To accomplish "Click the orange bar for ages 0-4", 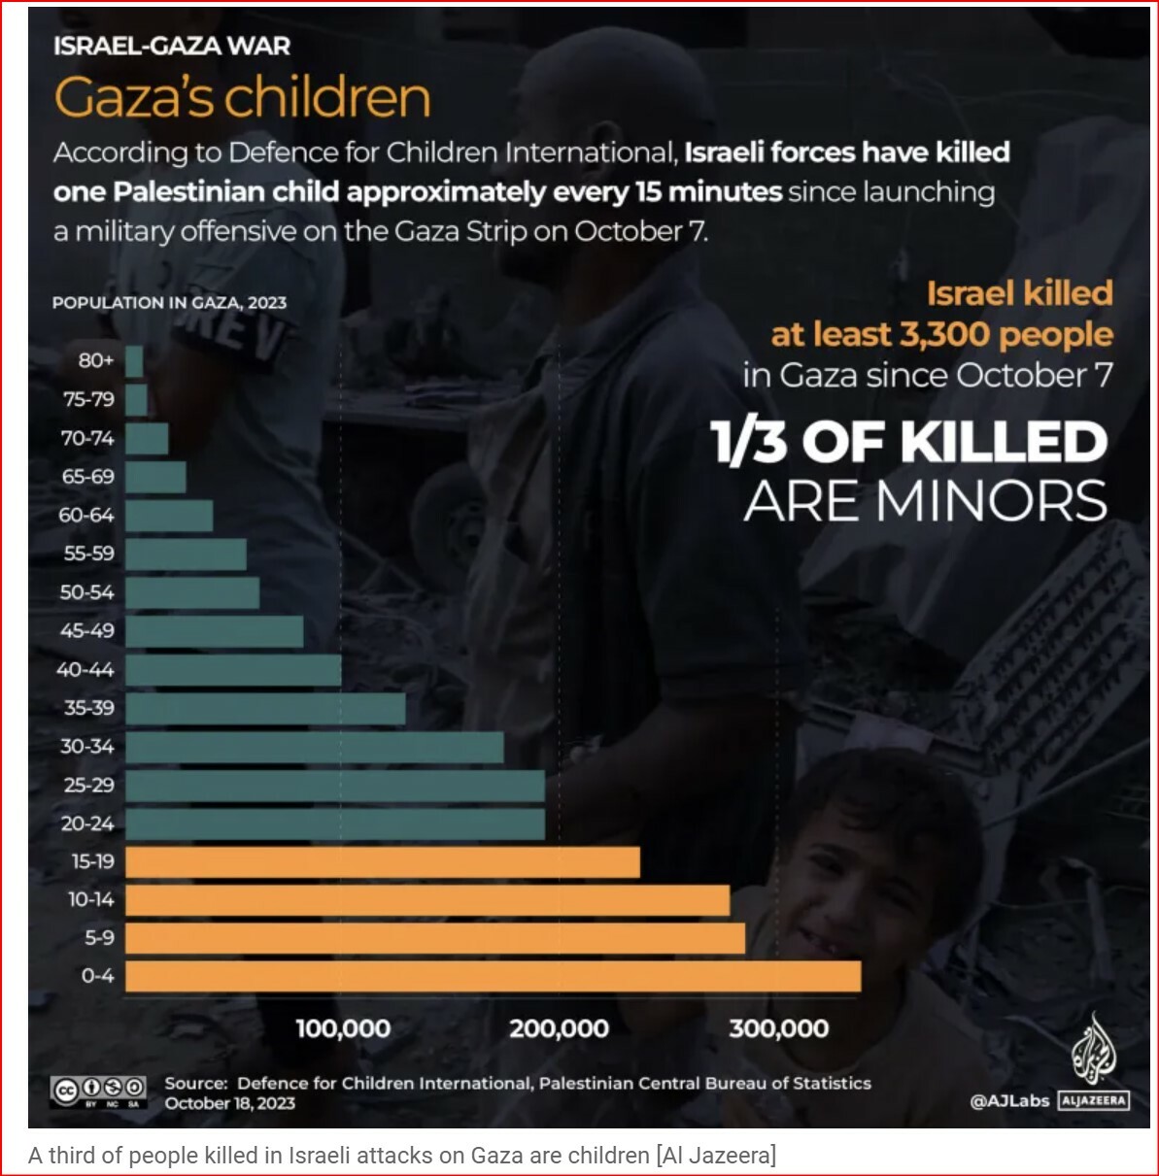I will pyautogui.click(x=493, y=976).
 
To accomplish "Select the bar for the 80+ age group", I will pyautogui.click(x=134, y=361).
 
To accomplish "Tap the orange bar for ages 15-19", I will pyautogui.click(x=383, y=861).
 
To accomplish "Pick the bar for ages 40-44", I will pyautogui.click(x=233, y=669).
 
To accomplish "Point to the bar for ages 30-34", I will pyautogui.click(x=315, y=747).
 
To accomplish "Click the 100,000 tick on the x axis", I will pyautogui.click(x=343, y=1028).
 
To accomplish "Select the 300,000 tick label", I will pyautogui.click(x=778, y=1028).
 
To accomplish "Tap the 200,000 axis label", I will pyautogui.click(x=560, y=1028).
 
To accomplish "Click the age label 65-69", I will pyautogui.click(x=87, y=477).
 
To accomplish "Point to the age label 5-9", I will pyautogui.click(x=99, y=938).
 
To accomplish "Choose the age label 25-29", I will pyautogui.click(x=88, y=785).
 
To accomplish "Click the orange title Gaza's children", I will pyautogui.click(x=243, y=98).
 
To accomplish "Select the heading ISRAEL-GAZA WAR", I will pyautogui.click(x=172, y=46).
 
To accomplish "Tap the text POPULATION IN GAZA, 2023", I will pyautogui.click(x=170, y=303).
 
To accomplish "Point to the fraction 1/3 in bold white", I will pyautogui.click(x=748, y=443).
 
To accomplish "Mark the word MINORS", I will pyautogui.click(x=991, y=502).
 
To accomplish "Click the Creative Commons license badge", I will pyautogui.click(x=98, y=1091).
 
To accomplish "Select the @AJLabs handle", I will pyautogui.click(x=1008, y=1101).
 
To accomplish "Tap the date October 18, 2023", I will pyautogui.click(x=230, y=1103).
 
